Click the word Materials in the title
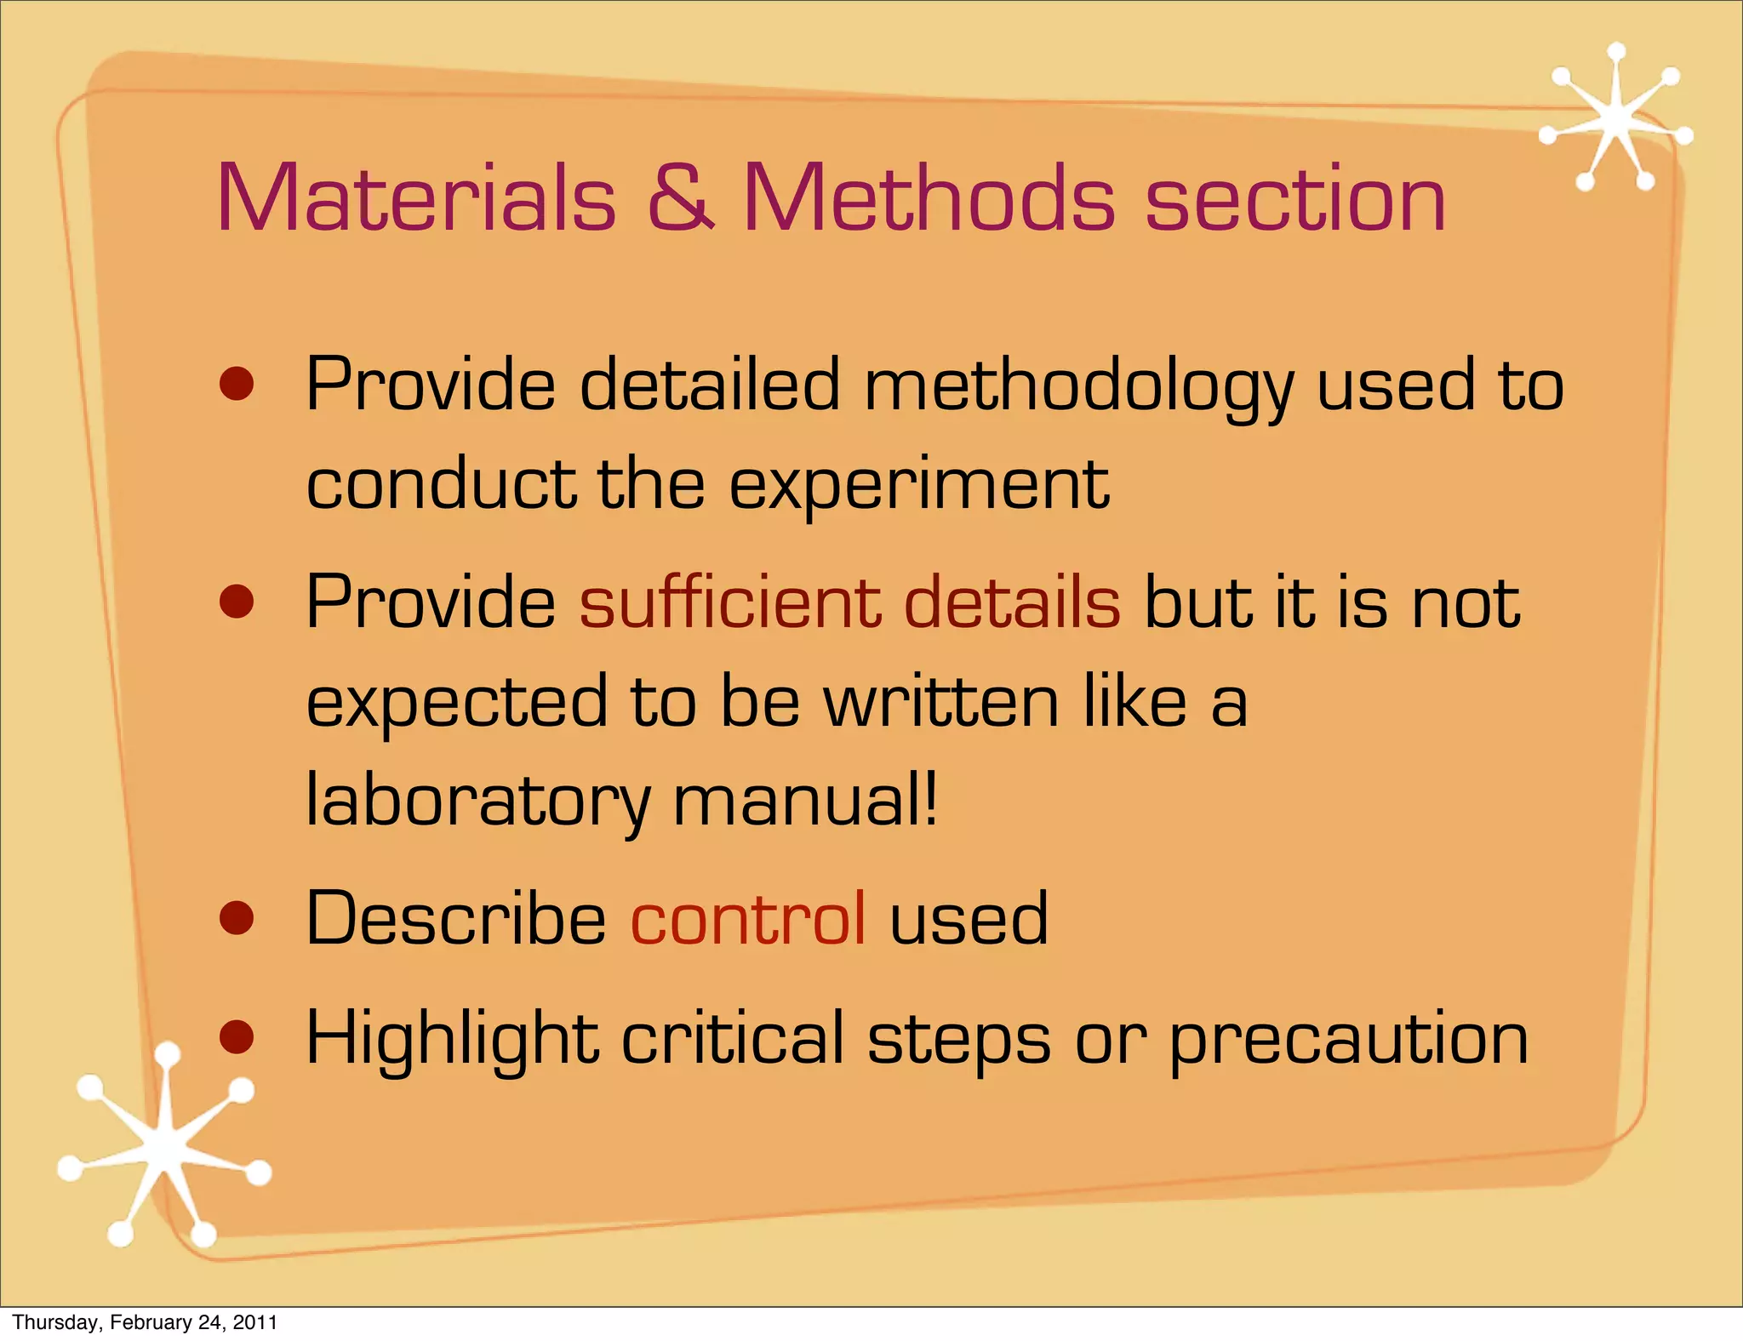(416, 198)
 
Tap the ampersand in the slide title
(680, 198)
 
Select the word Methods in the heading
(929, 198)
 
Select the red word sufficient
(730, 602)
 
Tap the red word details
(1012, 602)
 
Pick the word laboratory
(478, 802)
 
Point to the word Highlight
(452, 1040)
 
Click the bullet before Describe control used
(237, 920)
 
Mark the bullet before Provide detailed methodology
(237, 385)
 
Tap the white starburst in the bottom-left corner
(164, 1150)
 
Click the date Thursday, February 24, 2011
(145, 1322)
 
